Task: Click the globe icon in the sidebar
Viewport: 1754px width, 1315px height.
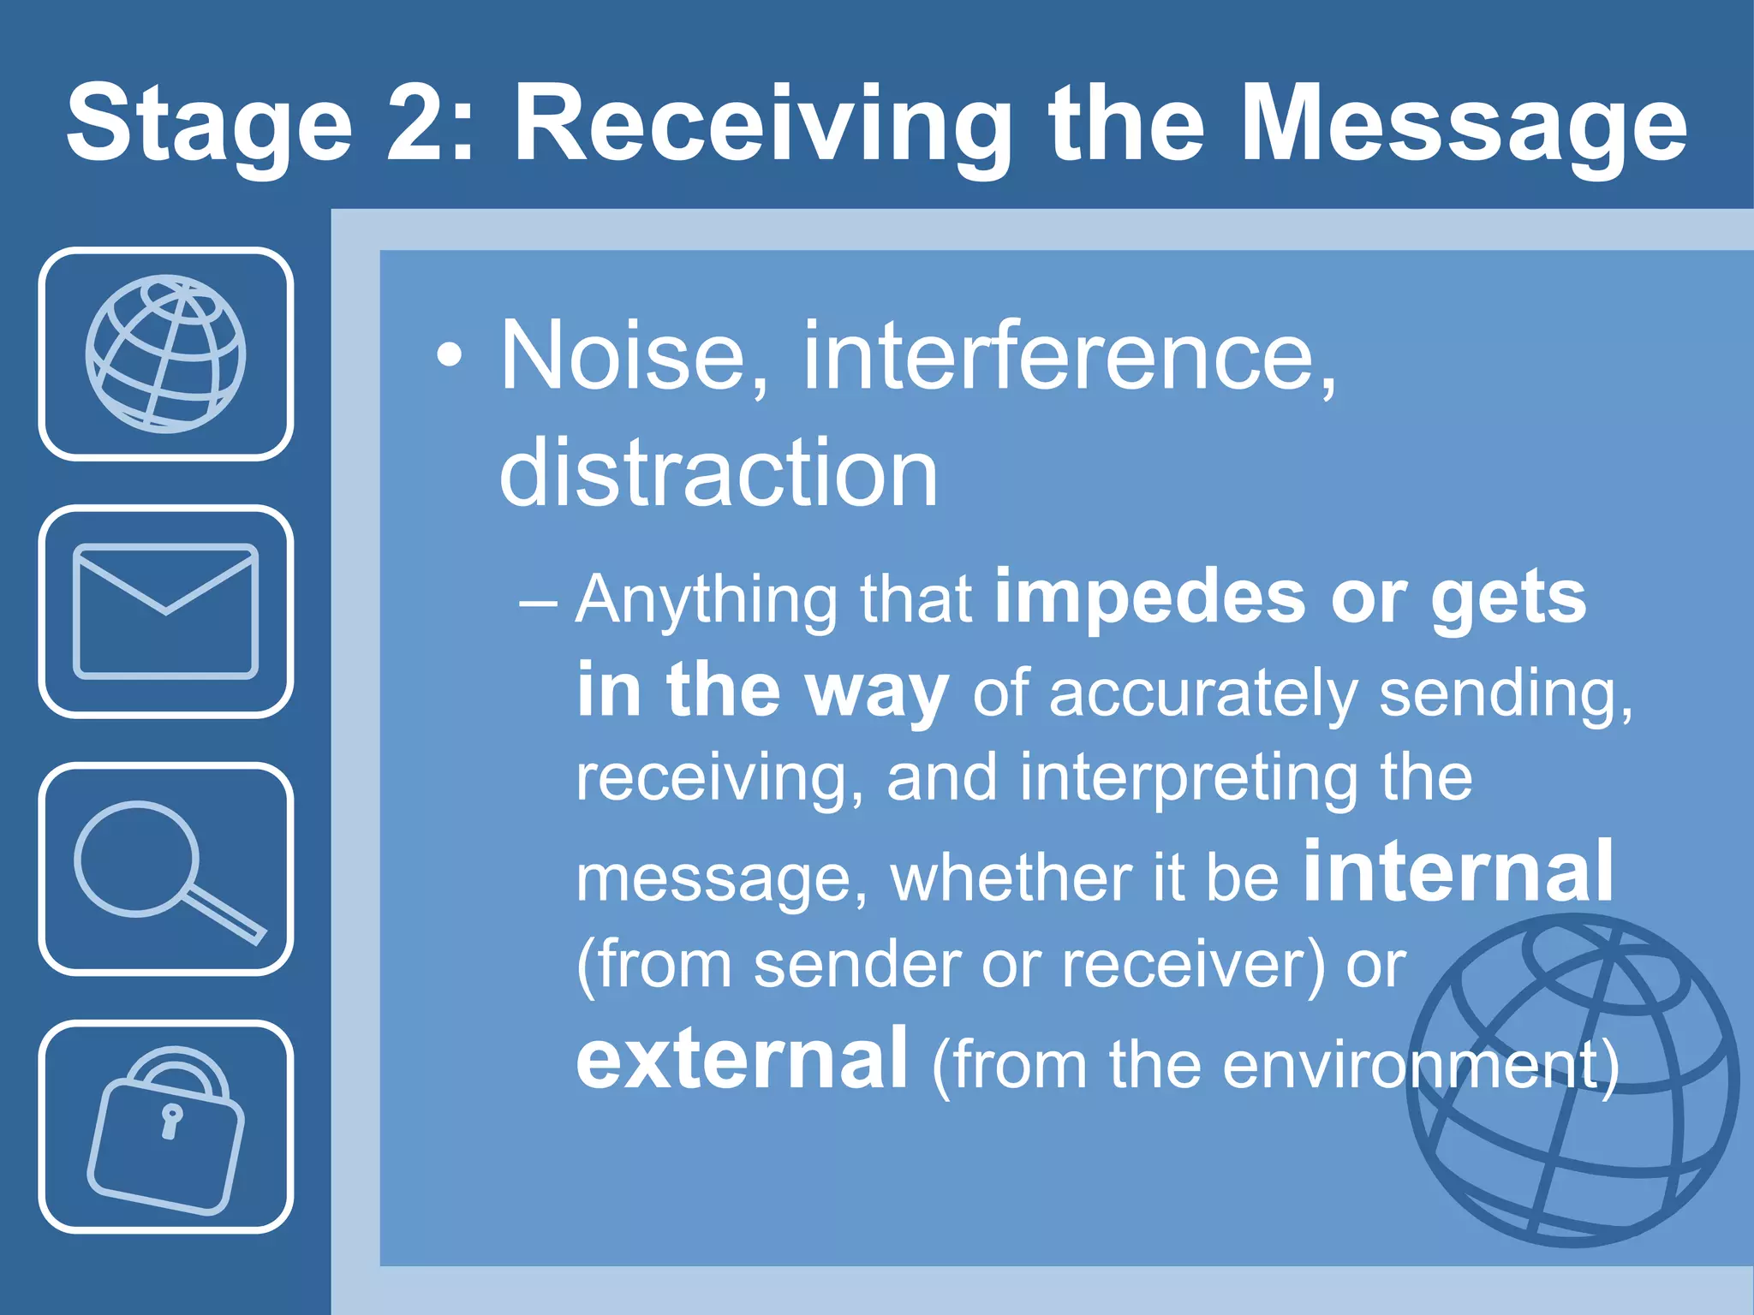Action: pyautogui.click(x=165, y=354)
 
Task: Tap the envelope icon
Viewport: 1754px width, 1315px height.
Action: pyautogui.click(x=165, y=611)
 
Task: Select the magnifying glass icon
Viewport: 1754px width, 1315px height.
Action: pyautogui.click(x=165, y=868)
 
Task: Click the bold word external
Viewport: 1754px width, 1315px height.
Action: pyautogui.click(x=742, y=1059)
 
